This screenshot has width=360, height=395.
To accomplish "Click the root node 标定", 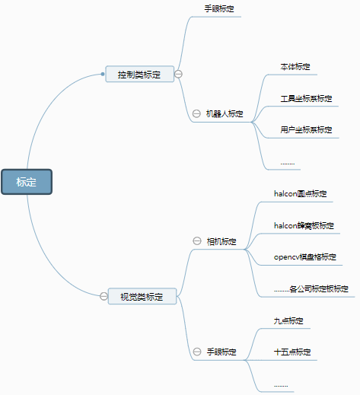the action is pyautogui.click(x=27, y=182).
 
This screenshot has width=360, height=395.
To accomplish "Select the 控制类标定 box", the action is pyautogui.click(x=140, y=74).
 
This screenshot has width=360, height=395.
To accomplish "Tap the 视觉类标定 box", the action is pyautogui.click(x=142, y=296).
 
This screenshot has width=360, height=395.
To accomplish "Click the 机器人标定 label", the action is pyautogui.click(x=225, y=113).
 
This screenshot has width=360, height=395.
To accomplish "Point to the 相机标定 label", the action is pyautogui.click(x=221, y=241).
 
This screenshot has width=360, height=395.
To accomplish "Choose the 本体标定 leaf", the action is pyautogui.click(x=295, y=67).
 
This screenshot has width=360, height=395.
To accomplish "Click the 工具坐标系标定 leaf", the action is pyautogui.click(x=306, y=98).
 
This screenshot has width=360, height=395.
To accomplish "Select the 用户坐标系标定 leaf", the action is pyautogui.click(x=306, y=130).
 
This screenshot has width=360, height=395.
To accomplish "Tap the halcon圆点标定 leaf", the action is pyautogui.click(x=301, y=194).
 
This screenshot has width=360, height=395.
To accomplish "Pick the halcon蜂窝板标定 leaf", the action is pyautogui.click(x=304, y=225).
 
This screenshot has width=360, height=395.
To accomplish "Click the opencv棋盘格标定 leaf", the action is pyautogui.click(x=305, y=257).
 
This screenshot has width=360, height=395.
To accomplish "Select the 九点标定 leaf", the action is pyautogui.click(x=288, y=320).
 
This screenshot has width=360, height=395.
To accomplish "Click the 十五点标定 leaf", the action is pyautogui.click(x=292, y=352).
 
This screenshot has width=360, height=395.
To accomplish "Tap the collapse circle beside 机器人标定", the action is pyautogui.click(x=196, y=113).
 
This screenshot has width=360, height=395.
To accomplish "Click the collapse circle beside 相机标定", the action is pyautogui.click(x=197, y=241).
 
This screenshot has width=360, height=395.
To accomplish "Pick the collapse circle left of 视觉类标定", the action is pyautogui.click(x=104, y=296).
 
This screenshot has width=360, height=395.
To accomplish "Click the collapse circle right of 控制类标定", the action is pyautogui.click(x=178, y=74).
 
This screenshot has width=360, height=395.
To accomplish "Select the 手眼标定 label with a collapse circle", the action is pyautogui.click(x=221, y=352).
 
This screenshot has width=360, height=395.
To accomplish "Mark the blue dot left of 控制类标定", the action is pyautogui.click(x=103, y=74).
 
